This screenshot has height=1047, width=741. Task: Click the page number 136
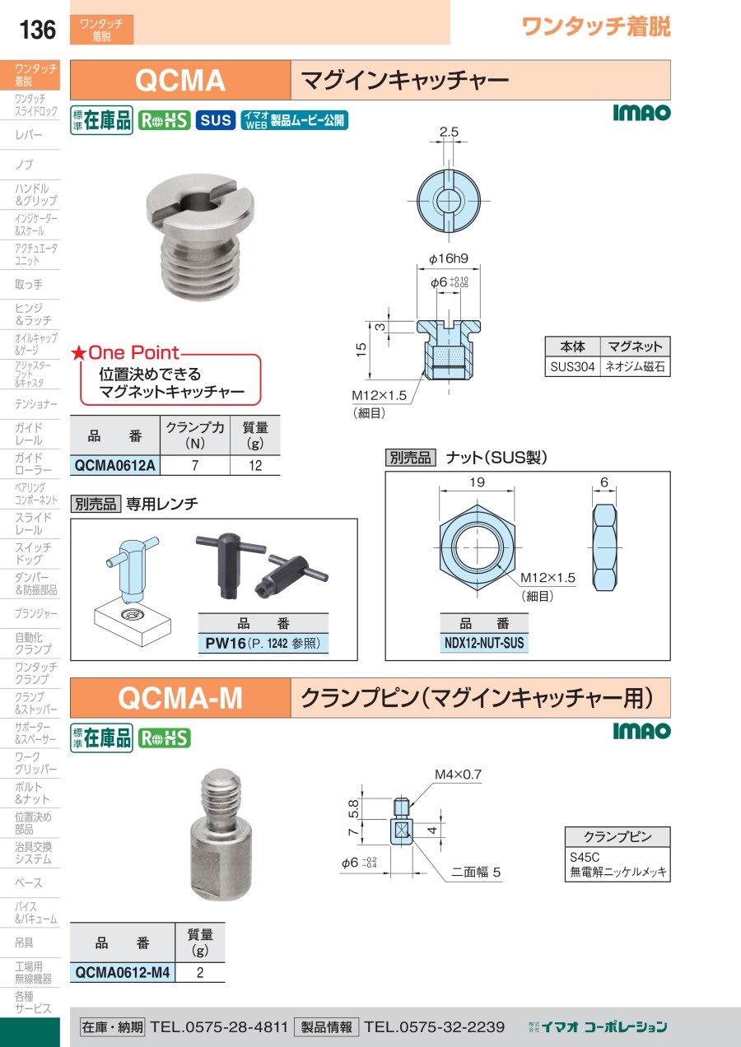click(37, 30)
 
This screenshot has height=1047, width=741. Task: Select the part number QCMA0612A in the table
click(114, 466)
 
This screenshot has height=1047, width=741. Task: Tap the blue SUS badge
click(216, 120)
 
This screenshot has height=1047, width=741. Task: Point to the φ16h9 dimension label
click(449, 258)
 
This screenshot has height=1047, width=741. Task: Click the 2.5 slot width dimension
click(449, 132)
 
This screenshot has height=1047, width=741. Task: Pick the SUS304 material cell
click(572, 366)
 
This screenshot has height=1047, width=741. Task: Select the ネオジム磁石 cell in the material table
click(635, 366)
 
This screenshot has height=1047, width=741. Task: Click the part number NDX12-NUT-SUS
click(484, 643)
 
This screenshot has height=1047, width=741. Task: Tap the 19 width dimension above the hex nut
click(477, 482)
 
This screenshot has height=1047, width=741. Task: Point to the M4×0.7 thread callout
click(458, 775)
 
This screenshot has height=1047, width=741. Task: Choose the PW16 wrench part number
click(226, 643)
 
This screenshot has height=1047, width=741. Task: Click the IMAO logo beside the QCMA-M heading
click(641, 731)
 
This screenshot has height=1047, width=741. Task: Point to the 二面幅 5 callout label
click(475, 872)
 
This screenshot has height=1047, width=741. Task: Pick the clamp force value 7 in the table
click(195, 466)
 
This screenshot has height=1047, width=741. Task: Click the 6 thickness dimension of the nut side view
click(604, 482)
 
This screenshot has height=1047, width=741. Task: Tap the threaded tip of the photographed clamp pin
click(221, 793)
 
